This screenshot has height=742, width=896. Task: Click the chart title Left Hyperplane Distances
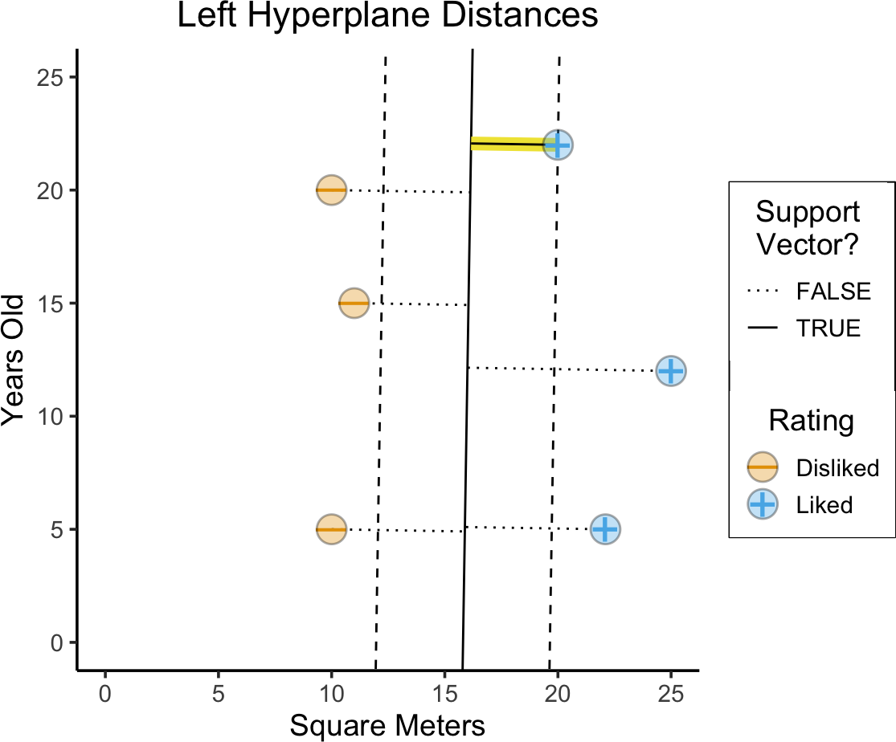(387, 17)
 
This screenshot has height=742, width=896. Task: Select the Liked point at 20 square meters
(558, 145)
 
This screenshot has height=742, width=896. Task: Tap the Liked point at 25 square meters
(671, 371)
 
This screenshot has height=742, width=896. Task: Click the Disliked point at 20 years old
(331, 190)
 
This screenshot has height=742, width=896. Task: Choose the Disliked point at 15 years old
(354, 304)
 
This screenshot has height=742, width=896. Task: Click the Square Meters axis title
(387, 726)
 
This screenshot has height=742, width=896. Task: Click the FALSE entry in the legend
(833, 291)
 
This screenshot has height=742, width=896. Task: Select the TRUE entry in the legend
(828, 328)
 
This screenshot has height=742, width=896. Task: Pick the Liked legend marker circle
(762, 505)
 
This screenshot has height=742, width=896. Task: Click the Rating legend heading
(810, 420)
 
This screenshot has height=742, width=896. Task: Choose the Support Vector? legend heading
(808, 228)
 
